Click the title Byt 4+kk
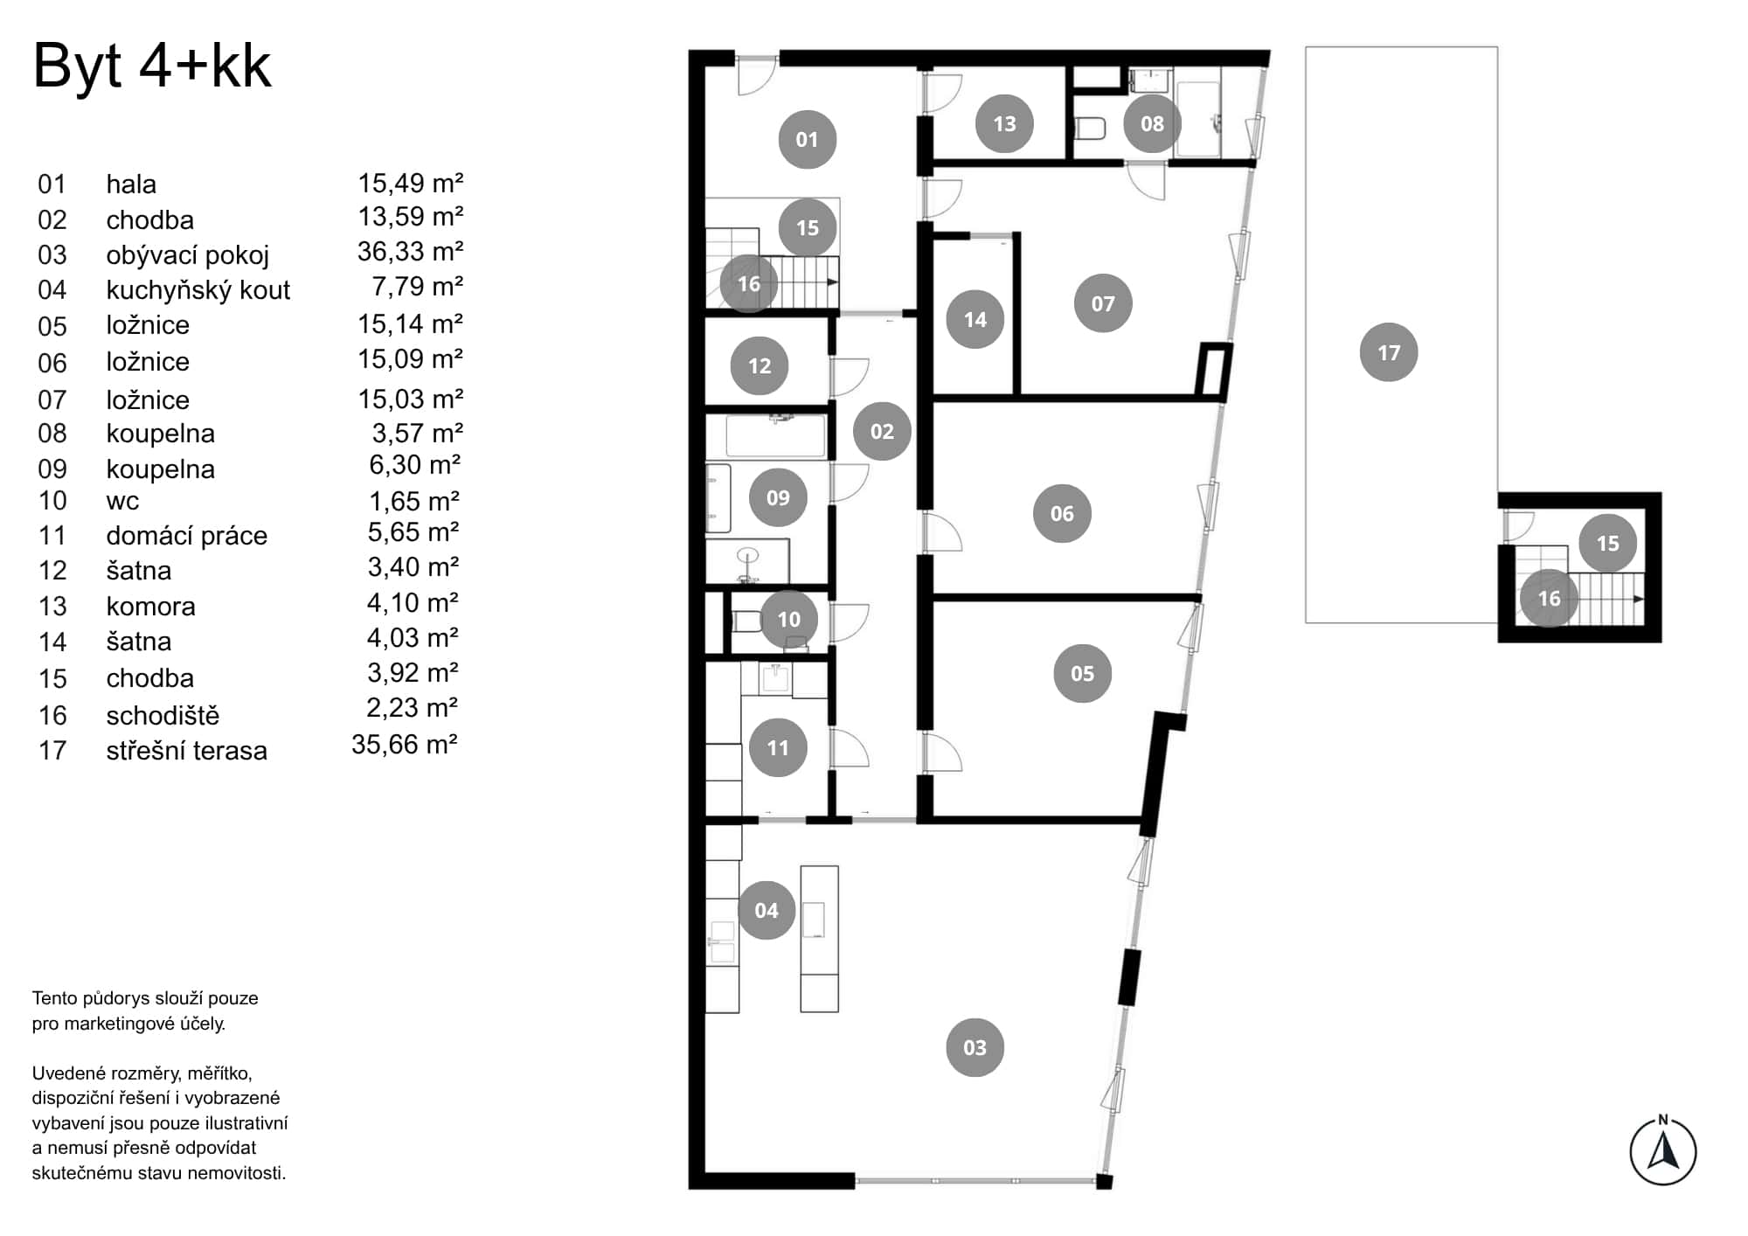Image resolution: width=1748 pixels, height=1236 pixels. pos(152,67)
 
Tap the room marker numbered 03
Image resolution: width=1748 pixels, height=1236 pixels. pos(975,1047)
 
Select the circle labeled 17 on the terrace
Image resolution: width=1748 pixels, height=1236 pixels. pos(1388,352)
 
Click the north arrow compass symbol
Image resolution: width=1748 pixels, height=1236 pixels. pos(1662,1152)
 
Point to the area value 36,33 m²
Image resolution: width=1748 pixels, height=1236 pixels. pos(410,252)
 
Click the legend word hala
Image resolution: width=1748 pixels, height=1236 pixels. pos(131,184)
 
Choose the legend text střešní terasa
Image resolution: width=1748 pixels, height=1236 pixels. pos(186,751)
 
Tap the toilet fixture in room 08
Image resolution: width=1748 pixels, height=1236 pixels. pos(1089,128)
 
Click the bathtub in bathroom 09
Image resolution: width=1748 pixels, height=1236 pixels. pos(775,436)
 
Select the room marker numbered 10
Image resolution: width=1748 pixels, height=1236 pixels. pos(788,619)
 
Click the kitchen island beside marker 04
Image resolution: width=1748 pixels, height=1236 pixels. pos(819,938)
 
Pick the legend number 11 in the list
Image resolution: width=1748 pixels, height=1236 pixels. pos(52,535)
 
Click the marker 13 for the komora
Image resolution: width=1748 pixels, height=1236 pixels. pos(1004,124)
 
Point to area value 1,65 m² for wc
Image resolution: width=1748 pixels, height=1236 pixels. pos(413,501)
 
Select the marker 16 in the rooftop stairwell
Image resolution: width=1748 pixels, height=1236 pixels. pos(1548,599)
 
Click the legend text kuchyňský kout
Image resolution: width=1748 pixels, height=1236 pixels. pos(198,290)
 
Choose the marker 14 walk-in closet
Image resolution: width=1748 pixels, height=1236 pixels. pos(975,320)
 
